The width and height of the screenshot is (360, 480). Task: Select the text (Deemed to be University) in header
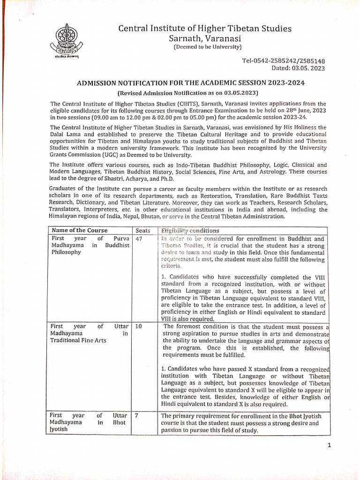pyautogui.click(x=207, y=47)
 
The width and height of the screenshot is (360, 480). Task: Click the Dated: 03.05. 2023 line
pyautogui.click(x=298, y=68)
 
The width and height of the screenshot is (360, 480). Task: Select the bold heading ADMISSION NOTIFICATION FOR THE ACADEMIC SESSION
pyautogui.click(x=191, y=82)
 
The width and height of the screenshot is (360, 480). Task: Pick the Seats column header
pyautogui.click(x=143, y=230)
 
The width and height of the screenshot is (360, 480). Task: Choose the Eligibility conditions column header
pyautogui.click(x=190, y=230)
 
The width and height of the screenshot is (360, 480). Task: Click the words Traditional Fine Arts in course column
pyautogui.click(x=78, y=340)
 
